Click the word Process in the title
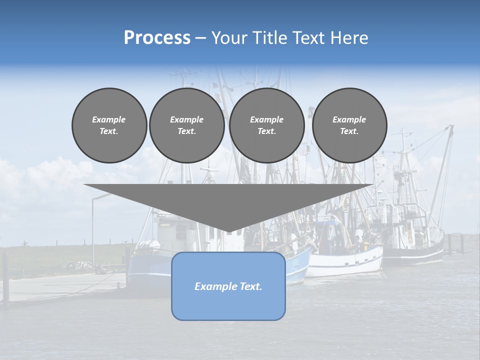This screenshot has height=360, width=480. [157, 38]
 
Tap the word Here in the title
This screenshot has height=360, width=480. [348, 38]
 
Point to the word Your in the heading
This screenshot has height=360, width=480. [229, 38]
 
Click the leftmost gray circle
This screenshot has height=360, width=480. [109, 125]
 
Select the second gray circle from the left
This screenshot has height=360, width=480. [186, 125]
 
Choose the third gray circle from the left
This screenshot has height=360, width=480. [266, 125]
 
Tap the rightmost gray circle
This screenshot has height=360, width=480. [349, 125]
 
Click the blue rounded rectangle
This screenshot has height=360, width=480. [228, 286]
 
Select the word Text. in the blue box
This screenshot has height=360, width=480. [250, 286]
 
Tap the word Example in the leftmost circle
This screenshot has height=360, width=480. [109, 119]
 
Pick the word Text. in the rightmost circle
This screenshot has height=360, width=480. [349, 131]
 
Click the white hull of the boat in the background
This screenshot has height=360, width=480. [345, 262]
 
